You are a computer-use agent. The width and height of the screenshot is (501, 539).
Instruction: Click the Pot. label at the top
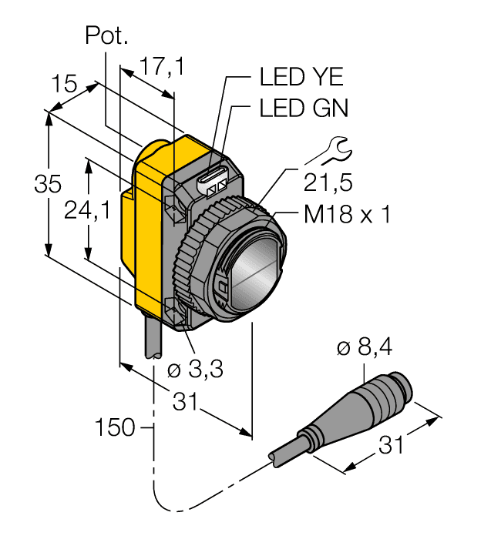point(106,36)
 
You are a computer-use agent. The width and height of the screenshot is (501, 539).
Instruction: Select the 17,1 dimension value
point(162,68)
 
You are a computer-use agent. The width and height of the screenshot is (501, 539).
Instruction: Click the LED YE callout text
point(301,78)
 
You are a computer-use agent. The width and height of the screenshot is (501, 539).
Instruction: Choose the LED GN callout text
point(304,109)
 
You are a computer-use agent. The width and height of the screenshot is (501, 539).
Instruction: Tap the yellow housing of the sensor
point(146,231)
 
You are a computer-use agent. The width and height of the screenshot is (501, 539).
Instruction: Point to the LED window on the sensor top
point(214,182)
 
